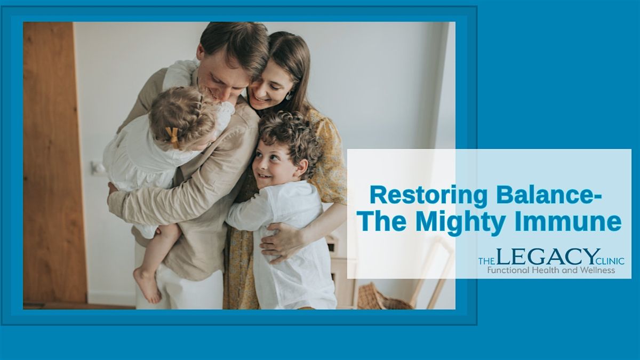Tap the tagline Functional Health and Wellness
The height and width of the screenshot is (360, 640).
pos(551,270)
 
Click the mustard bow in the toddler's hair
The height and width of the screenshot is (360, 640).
pos(172,137)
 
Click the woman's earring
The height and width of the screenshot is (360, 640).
pos(289,95)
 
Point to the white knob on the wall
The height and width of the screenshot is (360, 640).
pos(97,168)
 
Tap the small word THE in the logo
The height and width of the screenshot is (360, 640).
pos(486,261)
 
